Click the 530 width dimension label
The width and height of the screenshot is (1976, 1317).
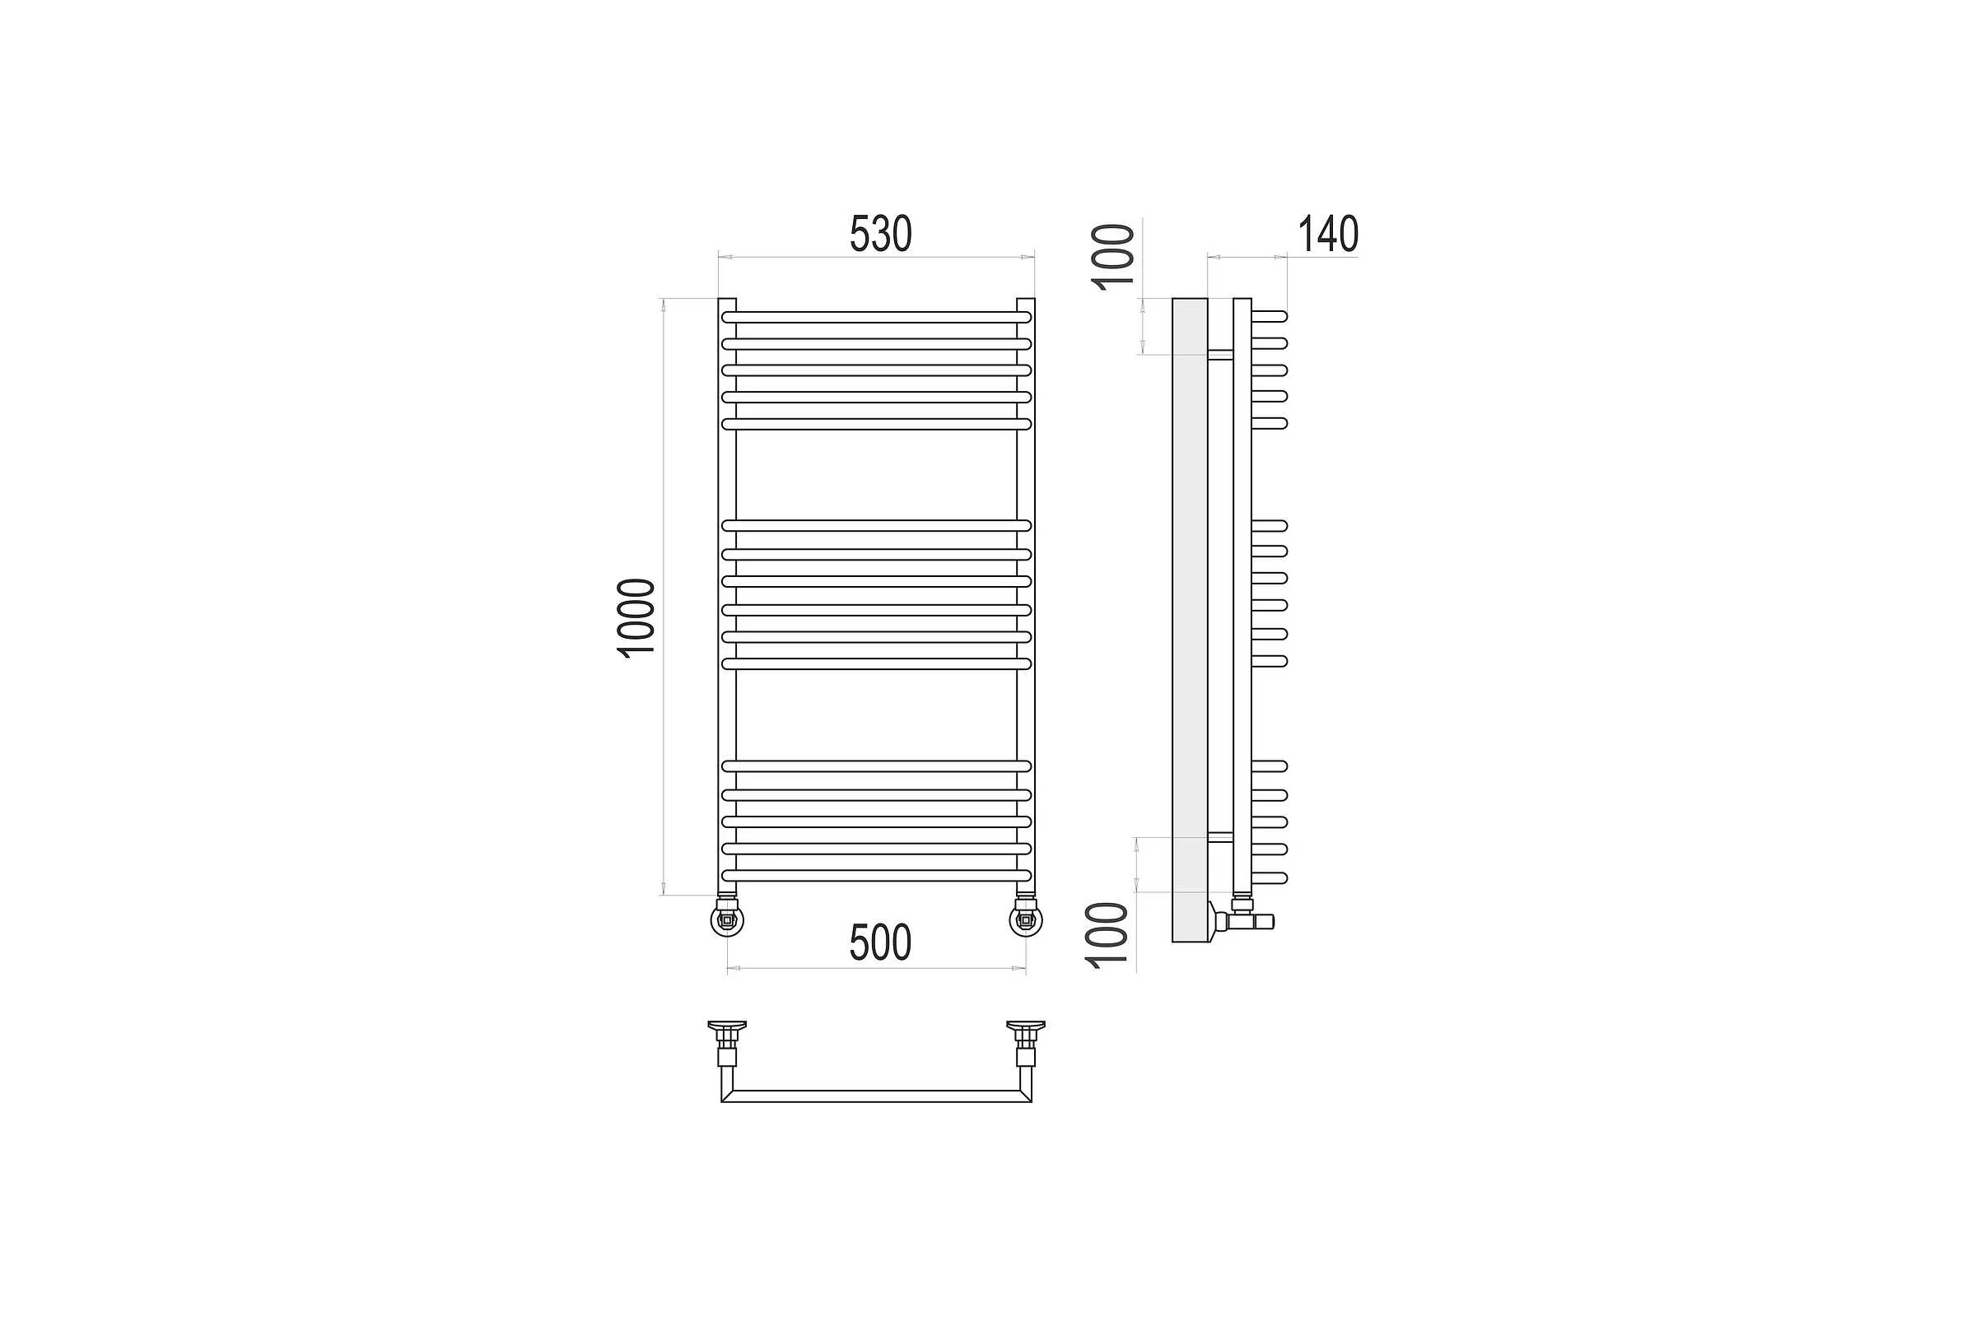click(880, 234)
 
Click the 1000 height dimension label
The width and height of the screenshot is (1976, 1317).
click(636, 618)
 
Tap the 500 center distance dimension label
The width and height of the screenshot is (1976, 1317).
click(879, 942)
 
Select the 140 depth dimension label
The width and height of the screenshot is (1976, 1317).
click(1328, 234)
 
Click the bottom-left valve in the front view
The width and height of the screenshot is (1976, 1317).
click(727, 918)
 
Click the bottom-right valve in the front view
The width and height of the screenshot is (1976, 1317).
click(1026, 918)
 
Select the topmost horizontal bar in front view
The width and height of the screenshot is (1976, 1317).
click(876, 318)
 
